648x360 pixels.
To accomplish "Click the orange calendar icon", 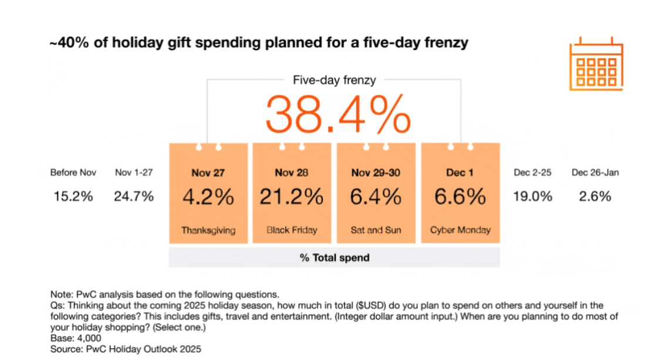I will coord(595,65).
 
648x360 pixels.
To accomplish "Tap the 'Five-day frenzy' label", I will coord(334,80).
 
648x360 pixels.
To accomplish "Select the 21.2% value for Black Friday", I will coord(292,197).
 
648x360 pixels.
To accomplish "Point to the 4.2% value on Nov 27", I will coord(208,197).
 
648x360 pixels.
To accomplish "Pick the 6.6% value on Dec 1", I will coord(460,197).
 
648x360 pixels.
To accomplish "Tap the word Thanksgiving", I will coord(208,230).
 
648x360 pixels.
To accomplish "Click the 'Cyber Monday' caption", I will coord(460,230).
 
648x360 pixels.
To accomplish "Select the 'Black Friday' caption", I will coord(292,230).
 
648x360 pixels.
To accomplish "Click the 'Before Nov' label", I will coord(73,173).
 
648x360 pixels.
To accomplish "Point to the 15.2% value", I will coord(73,196).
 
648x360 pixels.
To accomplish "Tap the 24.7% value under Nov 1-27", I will coord(134,196).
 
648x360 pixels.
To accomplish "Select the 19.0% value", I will coord(533,196).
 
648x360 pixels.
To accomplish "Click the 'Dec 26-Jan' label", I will coord(595,173).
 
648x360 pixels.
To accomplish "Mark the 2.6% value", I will coord(595,196).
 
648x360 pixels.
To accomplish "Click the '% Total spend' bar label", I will coord(335,257).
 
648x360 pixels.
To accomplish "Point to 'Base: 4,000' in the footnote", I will coord(76,339).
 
